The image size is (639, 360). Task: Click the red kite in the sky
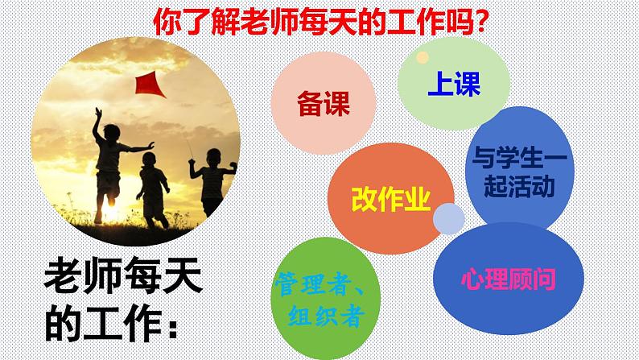click(149, 85)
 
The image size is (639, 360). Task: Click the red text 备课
click(324, 104)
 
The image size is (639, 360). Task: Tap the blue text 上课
click(454, 84)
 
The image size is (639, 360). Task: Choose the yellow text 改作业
click(391, 200)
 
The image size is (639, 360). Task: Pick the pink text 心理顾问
click(508, 279)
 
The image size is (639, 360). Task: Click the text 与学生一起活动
click(520, 172)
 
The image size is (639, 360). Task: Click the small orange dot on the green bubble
click(423, 57)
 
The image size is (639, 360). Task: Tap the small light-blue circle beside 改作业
click(449, 218)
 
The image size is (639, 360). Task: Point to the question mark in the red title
click(480, 23)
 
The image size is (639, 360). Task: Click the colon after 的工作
click(173, 328)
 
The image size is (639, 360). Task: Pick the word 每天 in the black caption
click(163, 275)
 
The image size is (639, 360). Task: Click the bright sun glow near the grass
click(109, 207)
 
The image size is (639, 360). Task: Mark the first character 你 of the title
click(167, 22)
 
